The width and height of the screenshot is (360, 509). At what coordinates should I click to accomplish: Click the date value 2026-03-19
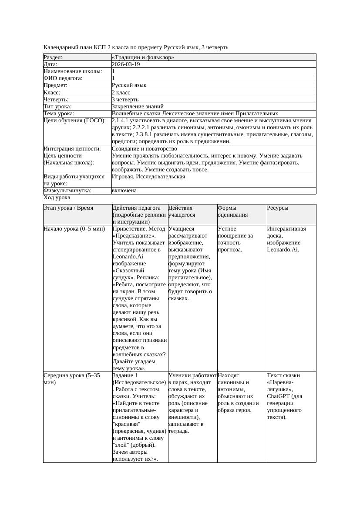tap(126, 64)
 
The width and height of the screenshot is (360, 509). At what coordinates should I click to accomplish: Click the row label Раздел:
tap(53, 57)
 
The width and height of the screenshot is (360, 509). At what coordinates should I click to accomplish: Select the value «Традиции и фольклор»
tap(143, 57)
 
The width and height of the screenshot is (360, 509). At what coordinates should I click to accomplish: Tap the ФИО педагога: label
tap(63, 78)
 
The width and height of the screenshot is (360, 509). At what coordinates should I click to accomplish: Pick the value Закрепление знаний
tap(138, 106)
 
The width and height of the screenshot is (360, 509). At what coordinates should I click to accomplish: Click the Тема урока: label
tap(59, 113)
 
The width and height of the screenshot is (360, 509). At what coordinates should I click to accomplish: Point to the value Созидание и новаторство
tap(144, 148)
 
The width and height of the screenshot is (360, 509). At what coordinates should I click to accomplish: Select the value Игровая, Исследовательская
tap(148, 177)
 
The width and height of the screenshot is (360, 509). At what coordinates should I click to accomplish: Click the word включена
tap(124, 191)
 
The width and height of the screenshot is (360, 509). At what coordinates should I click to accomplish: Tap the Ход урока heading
tap(57, 198)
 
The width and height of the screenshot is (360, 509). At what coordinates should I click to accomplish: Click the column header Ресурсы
tap(278, 208)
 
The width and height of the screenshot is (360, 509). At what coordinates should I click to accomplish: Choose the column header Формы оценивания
tap(233, 211)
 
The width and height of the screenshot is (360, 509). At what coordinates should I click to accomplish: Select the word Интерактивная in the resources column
tap(286, 228)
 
